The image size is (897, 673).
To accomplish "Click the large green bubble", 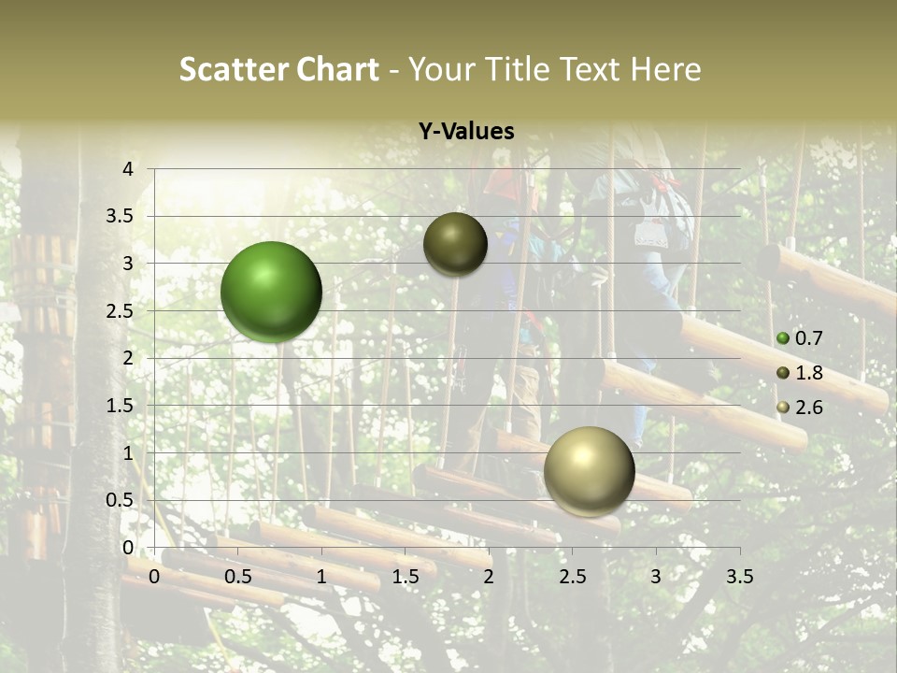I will pyautogui.click(x=271, y=292).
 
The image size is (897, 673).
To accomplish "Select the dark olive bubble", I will pyautogui.click(x=455, y=244).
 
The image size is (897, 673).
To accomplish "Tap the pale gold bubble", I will pyautogui.click(x=589, y=471).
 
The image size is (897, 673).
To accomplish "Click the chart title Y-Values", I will pyautogui.click(x=466, y=132).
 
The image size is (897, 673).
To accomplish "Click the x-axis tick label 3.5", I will pyautogui.click(x=739, y=577).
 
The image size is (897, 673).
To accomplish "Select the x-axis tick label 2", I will pyautogui.click(x=489, y=577).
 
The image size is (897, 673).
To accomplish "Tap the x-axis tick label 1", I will pyautogui.click(x=321, y=577).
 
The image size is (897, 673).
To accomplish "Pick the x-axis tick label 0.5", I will pyautogui.click(x=238, y=577).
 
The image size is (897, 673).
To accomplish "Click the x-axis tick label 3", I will pyautogui.click(x=656, y=577).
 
